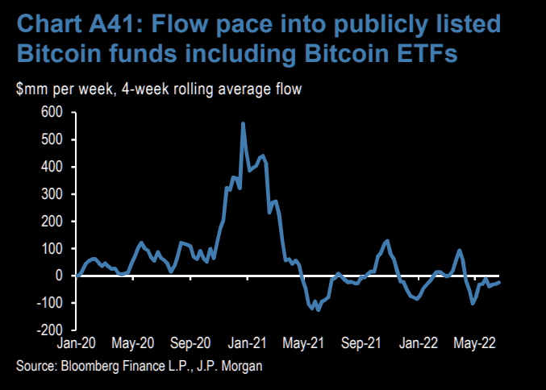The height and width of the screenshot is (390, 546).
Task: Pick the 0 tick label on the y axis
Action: tap(59, 276)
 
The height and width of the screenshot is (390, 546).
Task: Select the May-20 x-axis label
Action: tap(135, 342)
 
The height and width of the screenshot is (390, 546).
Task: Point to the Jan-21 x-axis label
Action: tap(245, 342)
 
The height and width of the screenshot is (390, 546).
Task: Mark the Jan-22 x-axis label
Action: tap(419, 342)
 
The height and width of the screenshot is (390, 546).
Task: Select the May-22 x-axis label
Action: tap(475, 342)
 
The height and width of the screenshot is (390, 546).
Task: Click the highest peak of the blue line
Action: tap(243, 123)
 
